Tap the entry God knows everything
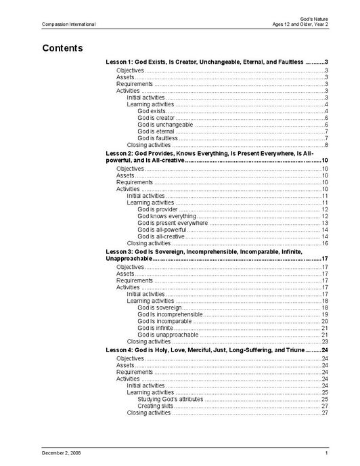click(166, 216)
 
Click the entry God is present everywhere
click(173, 223)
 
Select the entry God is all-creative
click(161, 236)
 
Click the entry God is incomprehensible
click(170, 314)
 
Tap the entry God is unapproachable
click(168, 335)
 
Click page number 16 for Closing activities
click(325, 243)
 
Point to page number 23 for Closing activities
click(325, 341)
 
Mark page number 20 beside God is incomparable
click(325, 321)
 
